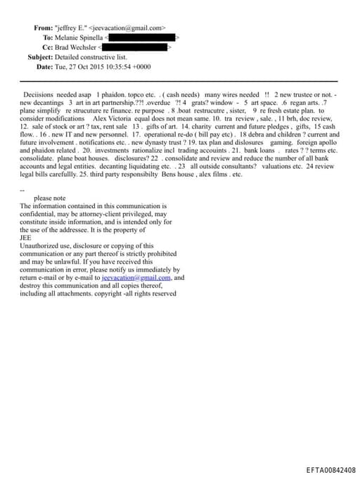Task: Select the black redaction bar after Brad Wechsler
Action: (134, 47)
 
